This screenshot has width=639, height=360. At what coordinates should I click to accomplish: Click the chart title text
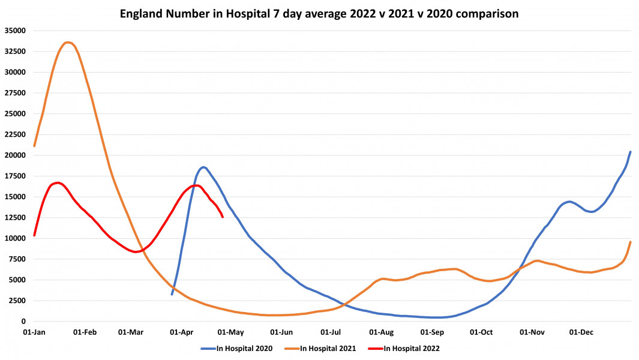tap(319, 13)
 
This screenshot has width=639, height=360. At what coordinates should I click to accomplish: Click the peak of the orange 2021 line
tap(68, 42)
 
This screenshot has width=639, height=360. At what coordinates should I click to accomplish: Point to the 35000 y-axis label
tap(15, 31)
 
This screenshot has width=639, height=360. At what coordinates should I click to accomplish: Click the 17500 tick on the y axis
tap(15, 176)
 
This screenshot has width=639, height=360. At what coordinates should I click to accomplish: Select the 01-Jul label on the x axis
tap(331, 332)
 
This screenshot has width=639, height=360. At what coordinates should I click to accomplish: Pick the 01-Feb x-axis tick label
tap(85, 332)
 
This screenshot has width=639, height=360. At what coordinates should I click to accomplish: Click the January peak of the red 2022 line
tap(56, 182)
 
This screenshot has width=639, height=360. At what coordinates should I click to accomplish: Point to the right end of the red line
tap(223, 217)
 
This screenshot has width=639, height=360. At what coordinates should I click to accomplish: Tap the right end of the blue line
tap(630, 152)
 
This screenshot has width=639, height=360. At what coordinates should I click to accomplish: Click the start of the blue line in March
tap(172, 294)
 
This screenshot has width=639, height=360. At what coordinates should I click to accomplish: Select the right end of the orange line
tap(630, 242)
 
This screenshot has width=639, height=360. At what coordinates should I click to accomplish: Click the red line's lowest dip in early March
tap(136, 252)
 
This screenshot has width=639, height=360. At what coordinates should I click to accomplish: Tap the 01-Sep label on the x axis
tap(431, 332)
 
